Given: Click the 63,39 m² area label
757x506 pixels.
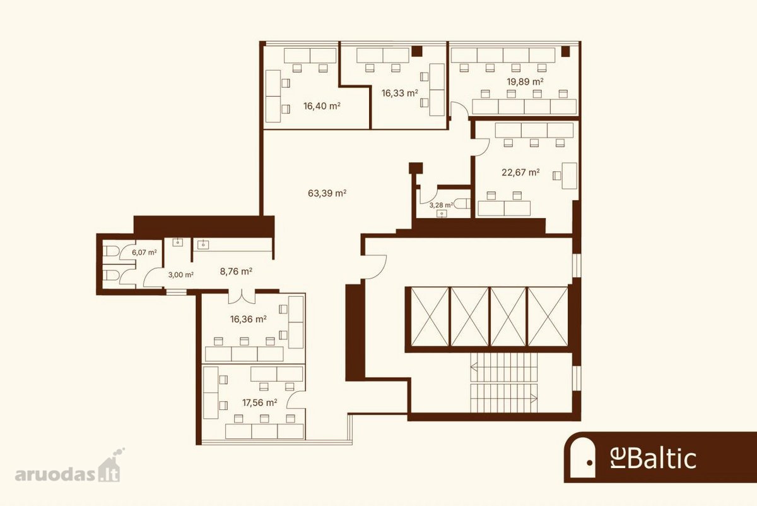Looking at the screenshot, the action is pyautogui.click(x=327, y=193).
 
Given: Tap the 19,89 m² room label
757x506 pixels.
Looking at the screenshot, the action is pyautogui.click(x=525, y=81).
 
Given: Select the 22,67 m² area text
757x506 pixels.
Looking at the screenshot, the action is pyautogui.click(x=520, y=172).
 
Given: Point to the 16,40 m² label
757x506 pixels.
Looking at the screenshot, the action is pyautogui.click(x=322, y=106).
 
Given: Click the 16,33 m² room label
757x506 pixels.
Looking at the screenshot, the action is pyautogui.click(x=400, y=93).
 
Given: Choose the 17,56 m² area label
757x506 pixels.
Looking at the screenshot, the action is pyautogui.click(x=259, y=402).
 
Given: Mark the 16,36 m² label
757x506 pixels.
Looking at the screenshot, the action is pyautogui.click(x=249, y=319).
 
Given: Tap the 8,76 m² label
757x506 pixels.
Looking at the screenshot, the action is pyautogui.click(x=236, y=272).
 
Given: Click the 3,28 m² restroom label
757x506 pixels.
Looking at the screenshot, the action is pyautogui.click(x=442, y=205).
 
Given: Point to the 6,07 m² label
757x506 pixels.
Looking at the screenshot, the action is pyautogui.click(x=144, y=252).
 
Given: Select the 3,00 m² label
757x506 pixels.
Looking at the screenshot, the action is pyautogui.click(x=181, y=275).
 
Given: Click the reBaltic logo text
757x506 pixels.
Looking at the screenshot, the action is pyautogui.click(x=653, y=459).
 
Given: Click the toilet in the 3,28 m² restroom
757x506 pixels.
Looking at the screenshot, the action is pyautogui.click(x=462, y=203).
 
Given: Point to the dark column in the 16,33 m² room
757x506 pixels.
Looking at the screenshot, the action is pyautogui.click(x=417, y=51).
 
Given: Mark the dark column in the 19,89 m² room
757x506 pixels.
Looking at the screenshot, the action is pyautogui.click(x=565, y=51).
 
